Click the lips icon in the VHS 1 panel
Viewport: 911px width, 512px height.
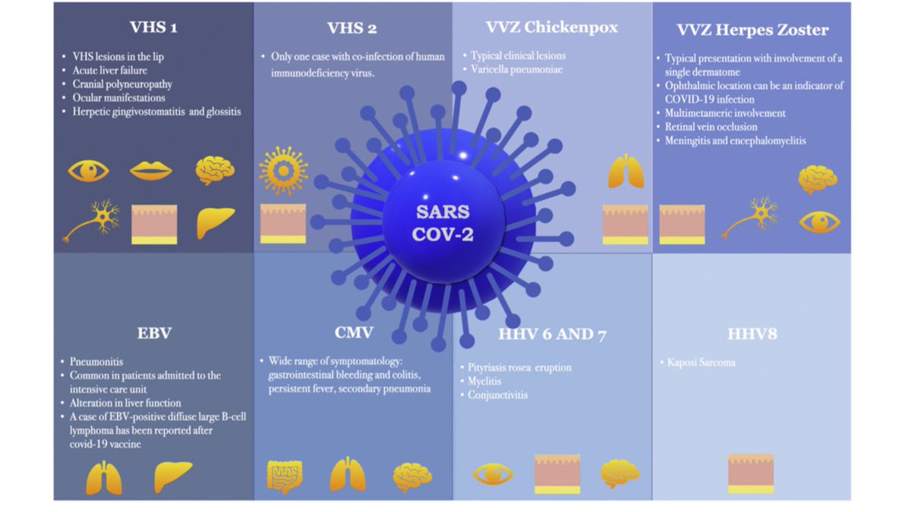pos(150,170)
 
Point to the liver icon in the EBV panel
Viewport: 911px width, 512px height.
pos(173,476)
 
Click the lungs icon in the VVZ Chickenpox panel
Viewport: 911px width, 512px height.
pos(626,171)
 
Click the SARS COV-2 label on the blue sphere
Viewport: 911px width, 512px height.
pos(443,221)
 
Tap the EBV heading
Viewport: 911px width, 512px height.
pos(154,333)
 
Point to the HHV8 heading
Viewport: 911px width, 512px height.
pos(751,333)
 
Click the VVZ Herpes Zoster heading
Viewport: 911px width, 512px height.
pos(752,30)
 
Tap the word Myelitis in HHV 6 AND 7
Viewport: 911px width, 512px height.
pos(489,382)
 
